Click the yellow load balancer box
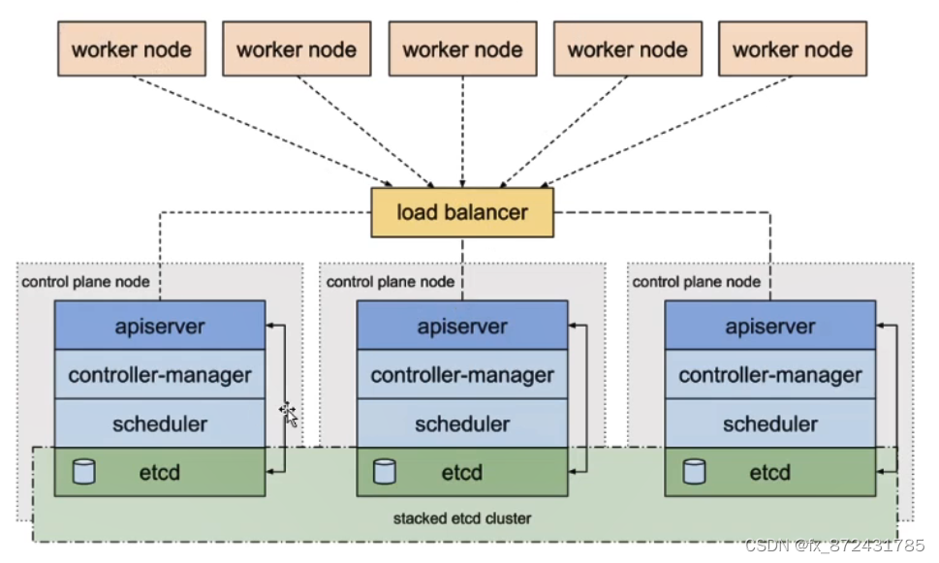462,212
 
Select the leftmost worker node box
132,50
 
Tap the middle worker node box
462,50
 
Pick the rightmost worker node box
792,50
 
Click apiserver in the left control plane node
159,326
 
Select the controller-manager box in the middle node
462,374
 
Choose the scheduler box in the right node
769,423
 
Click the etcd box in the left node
159,472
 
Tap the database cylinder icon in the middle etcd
385,472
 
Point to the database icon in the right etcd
694,472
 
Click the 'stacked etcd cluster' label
462,518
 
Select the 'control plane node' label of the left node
85,282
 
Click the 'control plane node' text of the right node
697,282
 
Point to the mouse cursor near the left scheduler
288,414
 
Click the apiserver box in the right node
769,326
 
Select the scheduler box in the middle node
462,423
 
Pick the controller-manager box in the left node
159,374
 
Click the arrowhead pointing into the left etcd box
270,472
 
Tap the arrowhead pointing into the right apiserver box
881,326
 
